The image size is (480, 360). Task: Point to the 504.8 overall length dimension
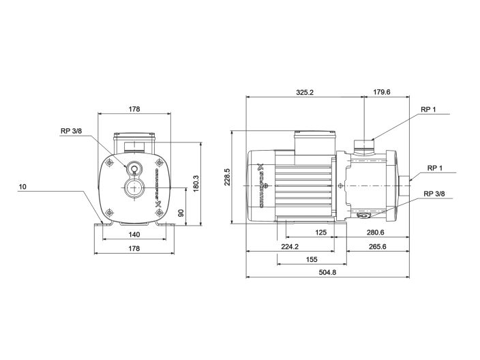[327, 273]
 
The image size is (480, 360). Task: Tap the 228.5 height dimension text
[227, 176]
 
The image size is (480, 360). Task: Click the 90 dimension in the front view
[181, 213]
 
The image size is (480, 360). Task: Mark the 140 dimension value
[134, 235]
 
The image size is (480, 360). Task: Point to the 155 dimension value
[310, 260]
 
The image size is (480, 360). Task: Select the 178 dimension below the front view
[134, 249]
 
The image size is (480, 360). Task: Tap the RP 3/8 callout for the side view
[434, 194]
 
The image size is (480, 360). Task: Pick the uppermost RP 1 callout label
[427, 110]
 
